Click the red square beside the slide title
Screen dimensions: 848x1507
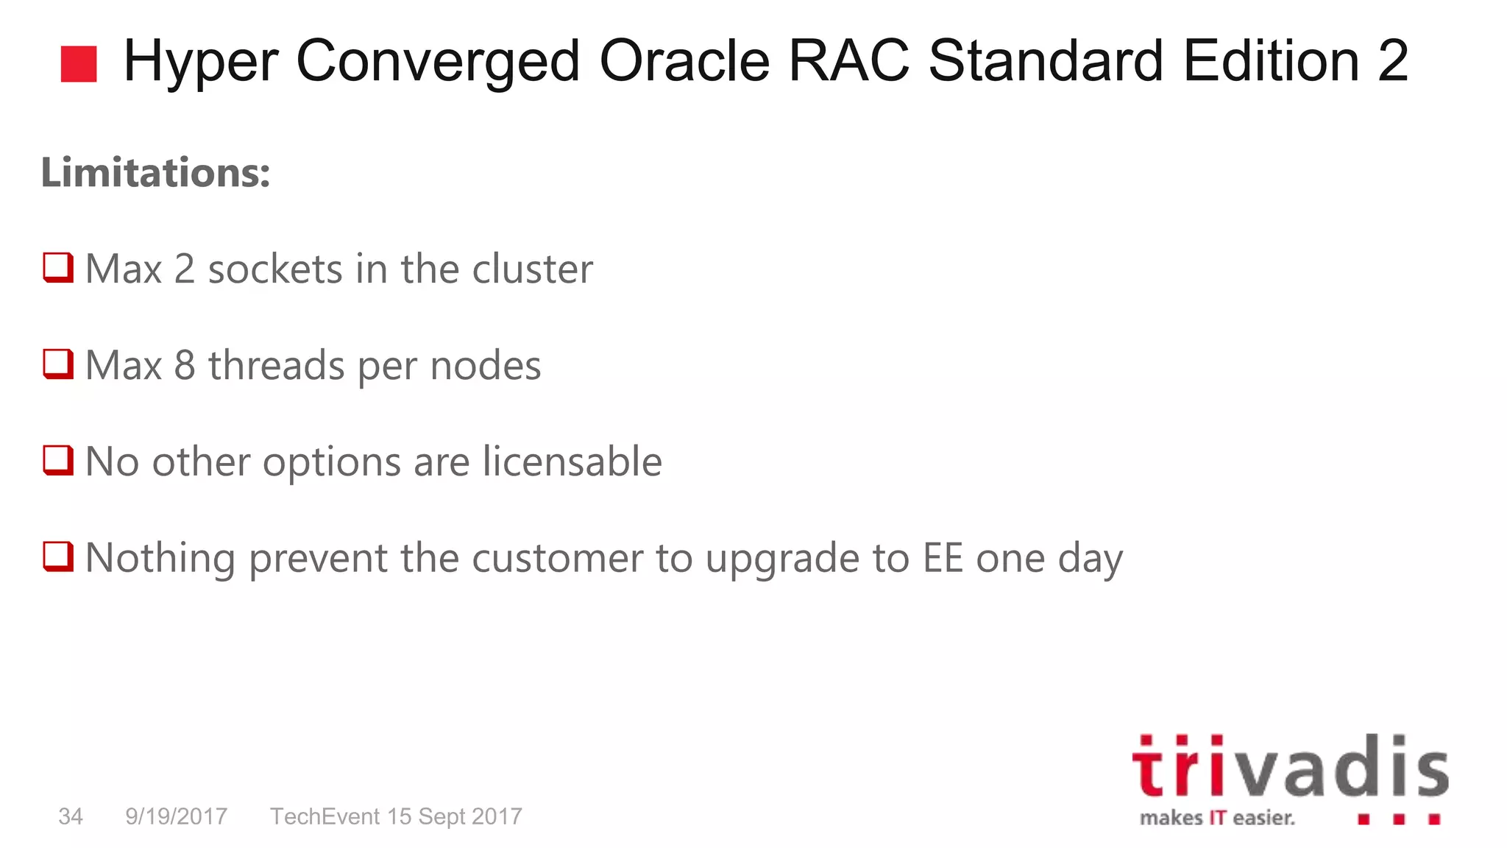(79, 64)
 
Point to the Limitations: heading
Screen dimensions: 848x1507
(155, 173)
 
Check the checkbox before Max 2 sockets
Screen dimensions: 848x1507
(58, 267)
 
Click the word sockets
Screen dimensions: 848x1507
(275, 269)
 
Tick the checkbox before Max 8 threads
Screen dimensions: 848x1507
(58, 364)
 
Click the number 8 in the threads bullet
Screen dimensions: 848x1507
(185, 366)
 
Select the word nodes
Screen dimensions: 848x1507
(486, 367)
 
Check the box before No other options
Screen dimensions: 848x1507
(58, 460)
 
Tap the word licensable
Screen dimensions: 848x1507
(572, 462)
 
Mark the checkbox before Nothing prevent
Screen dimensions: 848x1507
(58, 556)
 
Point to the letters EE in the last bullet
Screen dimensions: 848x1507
(943, 558)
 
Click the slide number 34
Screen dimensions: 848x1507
(71, 816)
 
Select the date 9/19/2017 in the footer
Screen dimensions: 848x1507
(176, 816)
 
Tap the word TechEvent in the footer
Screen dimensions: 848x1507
(325, 816)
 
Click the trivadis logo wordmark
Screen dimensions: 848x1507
(1290, 767)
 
